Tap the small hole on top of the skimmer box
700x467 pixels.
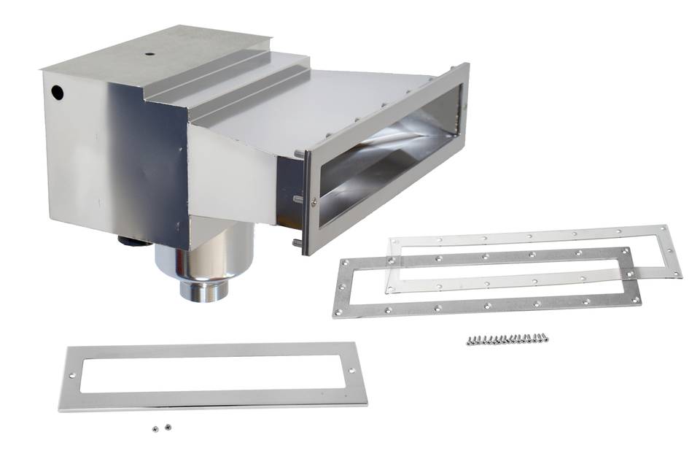148,53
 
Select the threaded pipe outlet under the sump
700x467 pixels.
204,289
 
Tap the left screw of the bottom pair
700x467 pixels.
155,429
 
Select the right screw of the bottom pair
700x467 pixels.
168,427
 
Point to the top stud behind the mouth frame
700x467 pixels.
298,153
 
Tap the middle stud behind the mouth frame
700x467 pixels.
298,198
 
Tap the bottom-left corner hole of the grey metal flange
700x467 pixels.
338,312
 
